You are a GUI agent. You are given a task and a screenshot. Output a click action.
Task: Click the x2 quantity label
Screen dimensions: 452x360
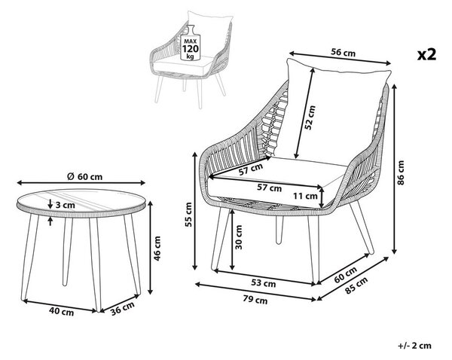pyautogui.click(x=426, y=54)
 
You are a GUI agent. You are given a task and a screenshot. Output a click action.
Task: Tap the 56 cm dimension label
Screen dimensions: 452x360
pyautogui.click(x=343, y=53)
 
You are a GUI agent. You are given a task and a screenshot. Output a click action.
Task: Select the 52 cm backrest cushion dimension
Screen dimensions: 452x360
pyautogui.click(x=310, y=117)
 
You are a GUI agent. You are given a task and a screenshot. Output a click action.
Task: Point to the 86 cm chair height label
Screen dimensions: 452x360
pyautogui.click(x=401, y=172)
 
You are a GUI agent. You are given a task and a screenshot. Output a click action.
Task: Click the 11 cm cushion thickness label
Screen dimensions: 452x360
pyautogui.click(x=305, y=197)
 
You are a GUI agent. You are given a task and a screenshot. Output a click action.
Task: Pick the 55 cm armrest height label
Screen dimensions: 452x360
pyautogui.click(x=188, y=215)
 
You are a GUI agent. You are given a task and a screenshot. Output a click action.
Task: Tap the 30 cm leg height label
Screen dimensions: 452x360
pyautogui.click(x=239, y=237)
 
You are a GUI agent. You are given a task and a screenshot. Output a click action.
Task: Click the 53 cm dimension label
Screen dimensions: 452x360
pyautogui.click(x=263, y=283)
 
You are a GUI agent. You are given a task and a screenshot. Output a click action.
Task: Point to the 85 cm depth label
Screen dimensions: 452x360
pyautogui.click(x=356, y=285)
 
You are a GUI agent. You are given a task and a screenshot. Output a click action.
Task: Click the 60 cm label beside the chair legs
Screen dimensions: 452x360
pyautogui.click(x=346, y=274)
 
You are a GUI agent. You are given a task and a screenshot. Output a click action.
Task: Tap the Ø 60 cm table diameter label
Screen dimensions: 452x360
pyautogui.click(x=84, y=176)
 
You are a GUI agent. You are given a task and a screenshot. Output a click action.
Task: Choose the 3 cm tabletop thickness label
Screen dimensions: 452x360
pyautogui.click(x=65, y=205)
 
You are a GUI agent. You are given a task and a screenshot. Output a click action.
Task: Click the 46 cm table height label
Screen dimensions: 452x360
pyautogui.click(x=157, y=249)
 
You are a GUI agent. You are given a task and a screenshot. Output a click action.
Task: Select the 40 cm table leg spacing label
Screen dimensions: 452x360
pyautogui.click(x=62, y=311)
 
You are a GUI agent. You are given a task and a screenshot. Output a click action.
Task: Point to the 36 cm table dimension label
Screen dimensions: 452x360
pyautogui.click(x=123, y=308)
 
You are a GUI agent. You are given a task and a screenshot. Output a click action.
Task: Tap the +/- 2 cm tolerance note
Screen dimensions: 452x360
pyautogui.click(x=415, y=346)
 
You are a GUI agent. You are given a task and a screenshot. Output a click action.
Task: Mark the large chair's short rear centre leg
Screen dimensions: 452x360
pyautogui.click(x=279, y=230)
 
